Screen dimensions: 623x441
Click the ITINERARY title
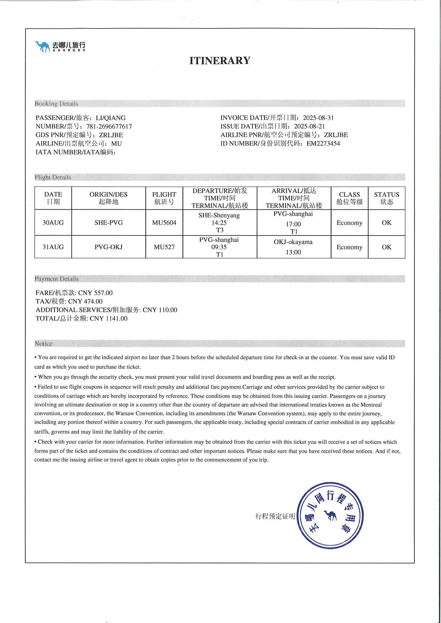220,61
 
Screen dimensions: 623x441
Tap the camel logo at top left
42,46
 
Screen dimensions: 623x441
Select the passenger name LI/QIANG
111,118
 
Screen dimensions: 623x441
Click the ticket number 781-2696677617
109,126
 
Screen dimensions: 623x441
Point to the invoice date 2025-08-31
318,118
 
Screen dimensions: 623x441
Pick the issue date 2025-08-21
309,126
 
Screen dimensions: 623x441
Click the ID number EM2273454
323,144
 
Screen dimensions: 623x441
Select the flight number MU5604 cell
164,223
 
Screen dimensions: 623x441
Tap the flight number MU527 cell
164,247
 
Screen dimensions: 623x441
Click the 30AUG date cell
53,223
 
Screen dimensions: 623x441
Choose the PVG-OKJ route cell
108,247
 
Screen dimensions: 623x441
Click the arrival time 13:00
293,252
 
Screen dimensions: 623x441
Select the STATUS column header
387,198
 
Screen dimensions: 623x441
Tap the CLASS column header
349,198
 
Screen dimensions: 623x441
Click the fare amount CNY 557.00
95,293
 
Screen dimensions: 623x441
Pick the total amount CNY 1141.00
108,319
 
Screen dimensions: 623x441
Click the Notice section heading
43,344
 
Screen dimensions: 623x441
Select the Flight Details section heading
53,177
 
